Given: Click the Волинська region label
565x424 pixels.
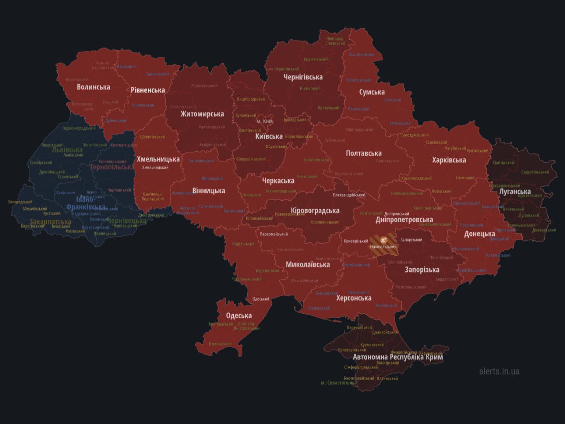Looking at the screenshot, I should pyautogui.click(x=93, y=87).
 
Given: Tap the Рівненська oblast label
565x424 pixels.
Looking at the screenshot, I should pyautogui.click(x=147, y=90).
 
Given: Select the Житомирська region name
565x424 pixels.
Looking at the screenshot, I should pyautogui.click(x=202, y=114).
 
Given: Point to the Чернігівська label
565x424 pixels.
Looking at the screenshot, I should pyautogui.click(x=303, y=77).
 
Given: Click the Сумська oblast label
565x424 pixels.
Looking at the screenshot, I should pyautogui.click(x=372, y=92).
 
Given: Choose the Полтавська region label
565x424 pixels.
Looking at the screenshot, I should pyautogui.click(x=364, y=154).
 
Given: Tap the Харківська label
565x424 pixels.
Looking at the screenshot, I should pyautogui.click(x=449, y=160).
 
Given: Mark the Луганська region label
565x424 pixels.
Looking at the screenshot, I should pyautogui.click(x=515, y=191).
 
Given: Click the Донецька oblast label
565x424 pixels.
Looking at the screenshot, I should pyautogui.click(x=479, y=234).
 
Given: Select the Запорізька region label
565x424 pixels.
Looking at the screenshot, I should pyautogui.click(x=422, y=270).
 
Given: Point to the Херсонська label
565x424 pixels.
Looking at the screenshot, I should pyautogui.click(x=354, y=298).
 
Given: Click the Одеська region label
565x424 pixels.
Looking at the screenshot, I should pyautogui.click(x=239, y=315).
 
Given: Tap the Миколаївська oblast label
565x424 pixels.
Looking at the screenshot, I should pyautogui.click(x=308, y=265).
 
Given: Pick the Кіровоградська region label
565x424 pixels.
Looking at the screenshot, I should pyautogui.click(x=315, y=210).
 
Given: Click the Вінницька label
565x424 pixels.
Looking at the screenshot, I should pyautogui.click(x=208, y=191).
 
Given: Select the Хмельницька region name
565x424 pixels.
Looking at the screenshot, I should pyautogui.click(x=158, y=159).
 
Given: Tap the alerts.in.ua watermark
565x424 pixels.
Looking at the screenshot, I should pyautogui.click(x=499, y=371).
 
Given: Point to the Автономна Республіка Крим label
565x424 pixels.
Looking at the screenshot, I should pyautogui.click(x=398, y=357).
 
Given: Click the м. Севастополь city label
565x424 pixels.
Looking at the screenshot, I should pyautogui.click(x=338, y=383).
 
